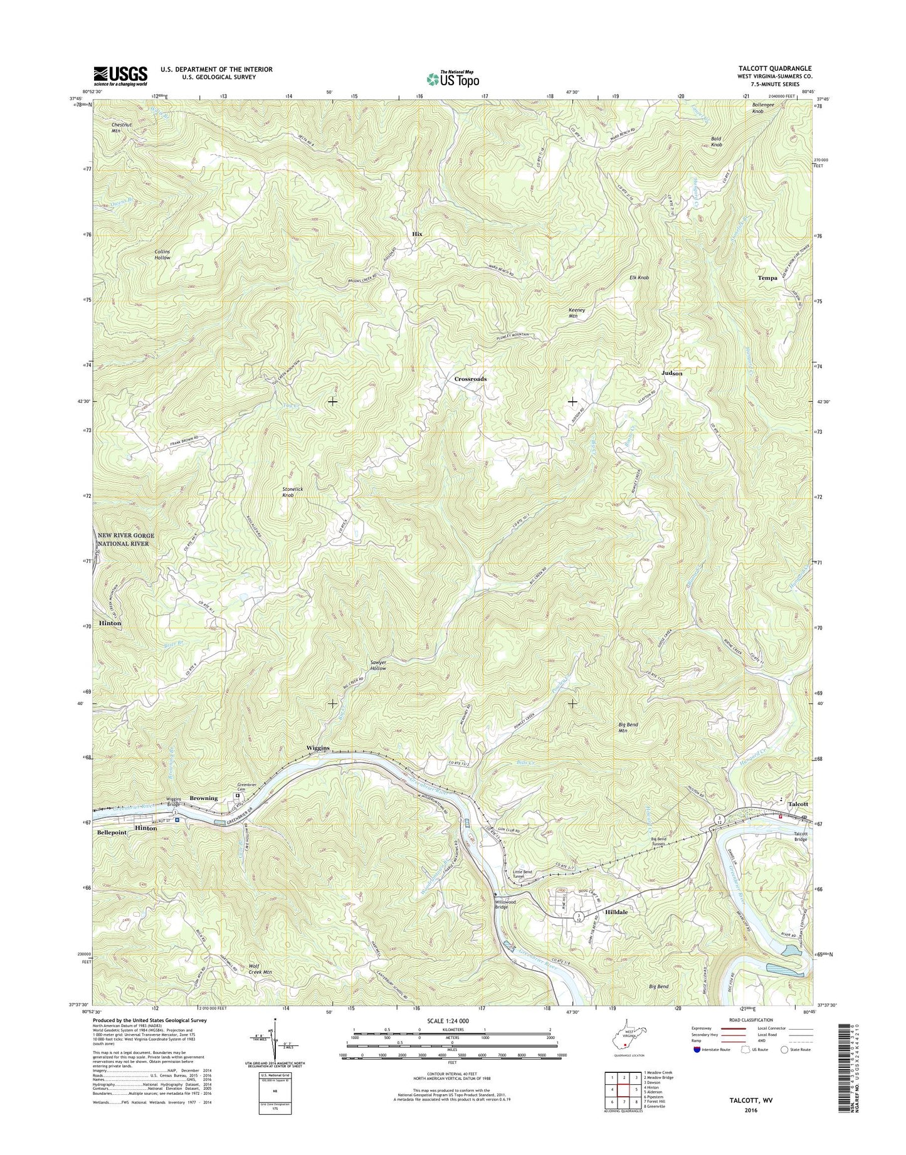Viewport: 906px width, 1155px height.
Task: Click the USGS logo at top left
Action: click(x=120, y=76)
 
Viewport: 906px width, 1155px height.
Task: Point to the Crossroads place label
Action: click(x=470, y=379)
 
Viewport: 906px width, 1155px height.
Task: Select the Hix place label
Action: click(x=417, y=234)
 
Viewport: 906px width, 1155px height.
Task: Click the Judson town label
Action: click(x=672, y=373)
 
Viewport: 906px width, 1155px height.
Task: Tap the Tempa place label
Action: click(x=767, y=278)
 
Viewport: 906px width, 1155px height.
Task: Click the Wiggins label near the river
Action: click(x=318, y=748)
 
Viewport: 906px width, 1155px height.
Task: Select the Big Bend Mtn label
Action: click(x=628, y=727)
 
